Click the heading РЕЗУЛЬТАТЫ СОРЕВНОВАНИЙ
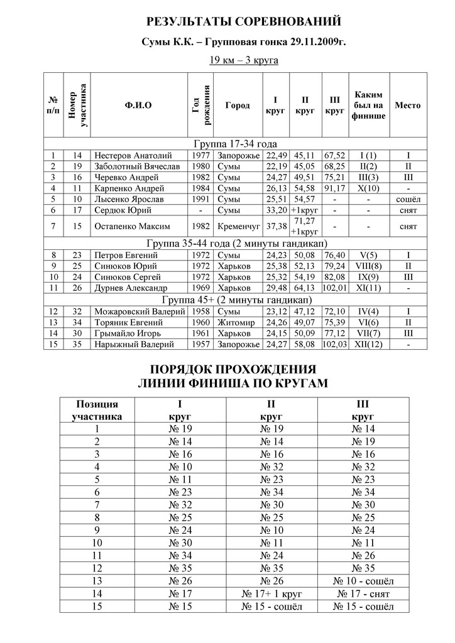click(x=243, y=23)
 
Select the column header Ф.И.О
click(x=139, y=105)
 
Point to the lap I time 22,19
click(x=277, y=166)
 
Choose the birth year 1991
click(x=200, y=198)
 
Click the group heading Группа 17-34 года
click(x=236, y=144)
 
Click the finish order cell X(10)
click(x=368, y=188)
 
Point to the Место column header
click(x=407, y=105)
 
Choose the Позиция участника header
click(x=97, y=410)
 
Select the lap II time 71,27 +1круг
click(x=305, y=225)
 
